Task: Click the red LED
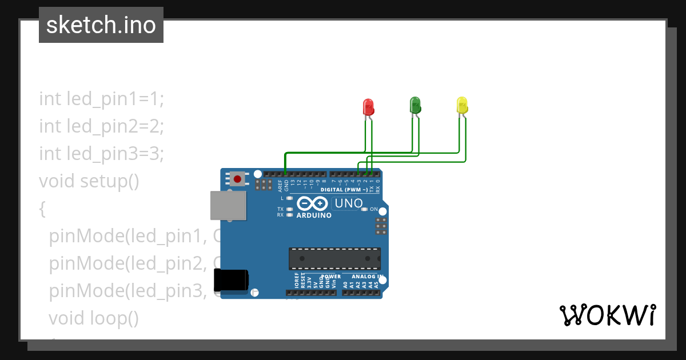[369, 107]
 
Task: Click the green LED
[416, 105]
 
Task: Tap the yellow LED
[462, 105]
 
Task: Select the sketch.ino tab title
[101, 25]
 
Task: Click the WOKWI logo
[607, 315]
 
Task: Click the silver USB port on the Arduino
[228, 206]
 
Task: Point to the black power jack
[230, 280]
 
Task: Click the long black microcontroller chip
[334, 258]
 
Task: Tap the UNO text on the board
[348, 203]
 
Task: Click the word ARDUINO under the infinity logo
[314, 215]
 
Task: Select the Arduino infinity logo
[313, 203]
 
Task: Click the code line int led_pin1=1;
[102, 98]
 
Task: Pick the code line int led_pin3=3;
[102, 153]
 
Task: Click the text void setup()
[89, 181]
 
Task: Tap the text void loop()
[94, 318]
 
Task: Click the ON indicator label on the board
[374, 209]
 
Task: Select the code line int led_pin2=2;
[102, 126]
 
